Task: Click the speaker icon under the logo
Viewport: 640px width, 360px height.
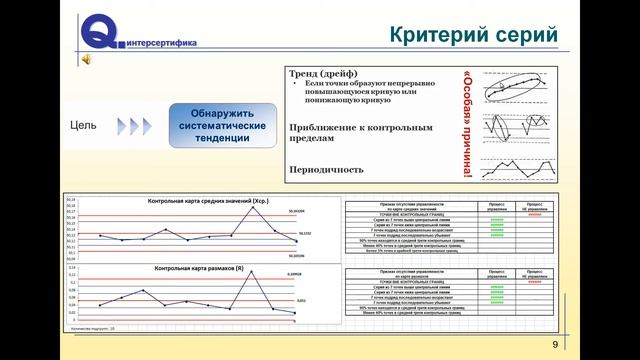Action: point(87,61)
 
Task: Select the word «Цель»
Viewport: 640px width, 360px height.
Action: point(84,127)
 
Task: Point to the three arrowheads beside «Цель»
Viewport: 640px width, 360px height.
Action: point(132,127)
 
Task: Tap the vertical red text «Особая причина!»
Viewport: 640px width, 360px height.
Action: point(470,121)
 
